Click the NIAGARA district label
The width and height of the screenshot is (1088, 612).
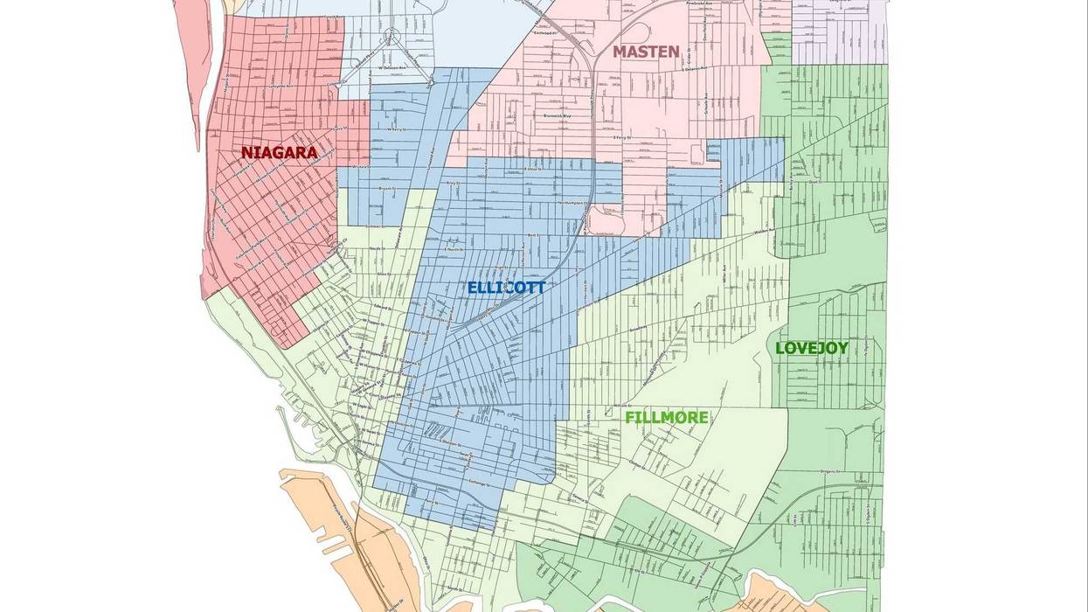coord(279,153)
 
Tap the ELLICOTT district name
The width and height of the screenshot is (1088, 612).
coord(506,288)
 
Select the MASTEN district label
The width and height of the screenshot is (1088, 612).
coord(645,52)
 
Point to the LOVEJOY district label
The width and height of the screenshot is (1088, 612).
coord(811,348)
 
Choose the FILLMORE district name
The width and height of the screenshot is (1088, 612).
coord(666,418)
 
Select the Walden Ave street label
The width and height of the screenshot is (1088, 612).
coord(766,232)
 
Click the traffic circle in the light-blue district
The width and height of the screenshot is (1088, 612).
coord(392,37)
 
